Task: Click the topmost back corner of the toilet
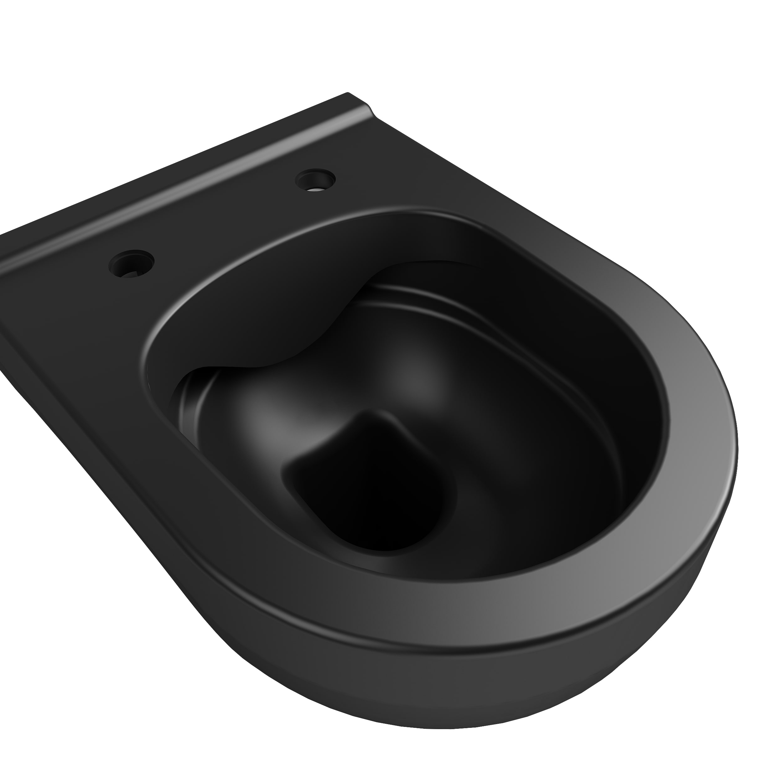point(347,94)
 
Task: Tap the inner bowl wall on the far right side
point(632,405)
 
